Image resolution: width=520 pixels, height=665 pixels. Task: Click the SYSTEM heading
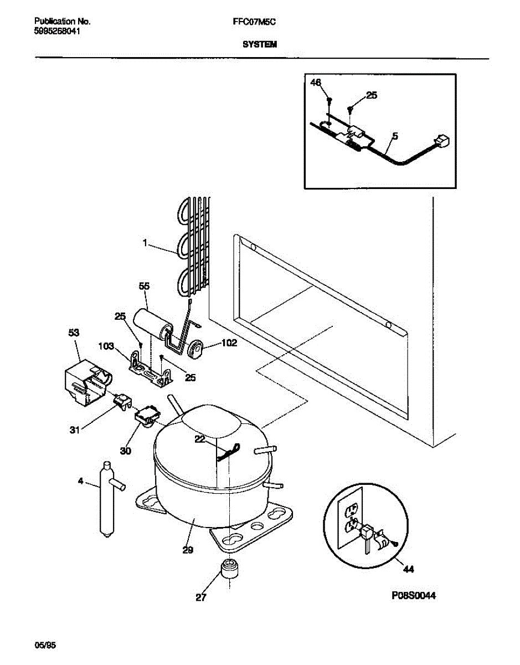[x=259, y=45]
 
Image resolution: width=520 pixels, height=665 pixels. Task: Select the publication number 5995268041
[x=56, y=31]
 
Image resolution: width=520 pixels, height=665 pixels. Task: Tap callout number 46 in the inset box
[x=316, y=83]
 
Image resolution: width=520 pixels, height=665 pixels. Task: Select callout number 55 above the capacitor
[x=144, y=286]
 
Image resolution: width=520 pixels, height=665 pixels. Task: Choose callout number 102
[x=229, y=343]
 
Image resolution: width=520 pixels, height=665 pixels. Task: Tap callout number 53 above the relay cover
[x=74, y=332]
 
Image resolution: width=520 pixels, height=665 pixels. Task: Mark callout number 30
[x=126, y=451]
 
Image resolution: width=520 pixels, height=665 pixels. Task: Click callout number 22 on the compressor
[x=200, y=439]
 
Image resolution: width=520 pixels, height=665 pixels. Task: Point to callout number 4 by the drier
[x=81, y=481]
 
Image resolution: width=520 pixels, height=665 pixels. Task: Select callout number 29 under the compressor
[x=187, y=550]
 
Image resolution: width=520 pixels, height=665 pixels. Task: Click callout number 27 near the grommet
[x=201, y=598]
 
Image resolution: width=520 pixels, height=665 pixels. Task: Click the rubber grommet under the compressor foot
[x=229, y=570]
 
